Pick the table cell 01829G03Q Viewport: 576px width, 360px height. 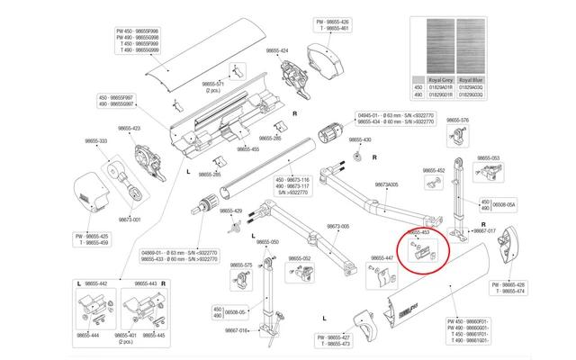click(476, 94)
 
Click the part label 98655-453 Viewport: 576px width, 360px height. click(424, 232)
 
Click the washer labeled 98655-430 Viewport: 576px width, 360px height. click(357, 157)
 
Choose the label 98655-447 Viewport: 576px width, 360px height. click(382, 258)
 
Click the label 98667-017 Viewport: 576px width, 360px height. click(479, 230)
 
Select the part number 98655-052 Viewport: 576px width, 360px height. click(300, 258)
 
